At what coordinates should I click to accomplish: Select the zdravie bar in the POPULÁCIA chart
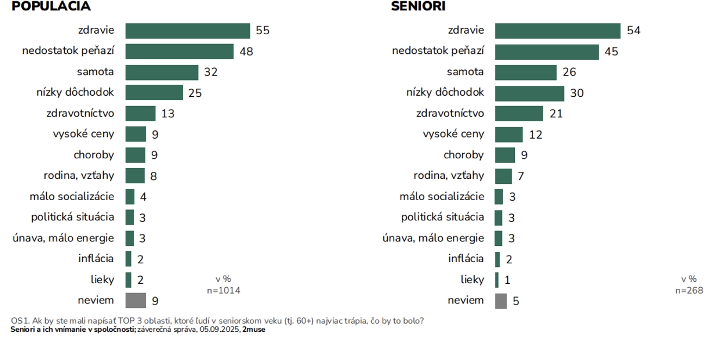point(188,30)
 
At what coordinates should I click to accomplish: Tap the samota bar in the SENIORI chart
point(525,72)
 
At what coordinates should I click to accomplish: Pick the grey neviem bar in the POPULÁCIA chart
point(135,300)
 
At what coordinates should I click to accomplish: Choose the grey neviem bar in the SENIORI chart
point(500,301)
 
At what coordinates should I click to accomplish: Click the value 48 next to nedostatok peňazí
point(246,52)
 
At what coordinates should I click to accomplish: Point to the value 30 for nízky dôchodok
point(576,93)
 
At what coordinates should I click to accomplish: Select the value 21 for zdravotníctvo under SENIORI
point(556,114)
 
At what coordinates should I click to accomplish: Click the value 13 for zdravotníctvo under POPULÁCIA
point(167,114)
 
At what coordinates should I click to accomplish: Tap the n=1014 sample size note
point(223,290)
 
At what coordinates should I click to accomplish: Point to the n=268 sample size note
point(689,290)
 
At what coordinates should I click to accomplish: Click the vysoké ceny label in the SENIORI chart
point(453,134)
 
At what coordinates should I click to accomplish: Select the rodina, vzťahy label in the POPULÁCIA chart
point(79,176)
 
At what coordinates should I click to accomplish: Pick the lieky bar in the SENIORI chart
point(496,280)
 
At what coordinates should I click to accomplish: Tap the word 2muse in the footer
point(254,330)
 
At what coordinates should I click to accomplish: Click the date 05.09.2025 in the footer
point(220,330)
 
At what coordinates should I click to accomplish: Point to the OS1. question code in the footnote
point(20,321)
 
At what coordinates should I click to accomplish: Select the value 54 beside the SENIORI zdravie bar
point(633,30)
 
